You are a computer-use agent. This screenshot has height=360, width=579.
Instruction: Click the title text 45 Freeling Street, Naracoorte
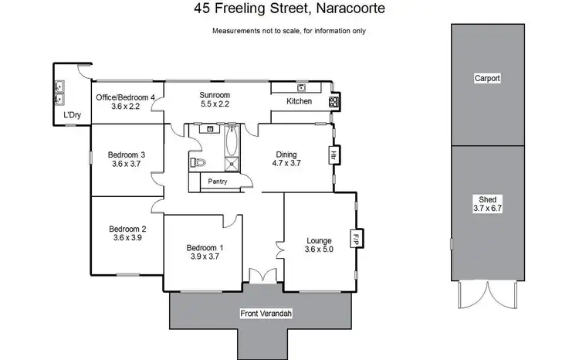pos(289,10)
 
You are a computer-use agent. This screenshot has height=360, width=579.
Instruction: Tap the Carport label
pos(487,78)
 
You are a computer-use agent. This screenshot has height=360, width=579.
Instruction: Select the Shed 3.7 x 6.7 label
pos(487,203)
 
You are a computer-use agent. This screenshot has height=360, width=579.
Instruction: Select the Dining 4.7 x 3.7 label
pos(286,158)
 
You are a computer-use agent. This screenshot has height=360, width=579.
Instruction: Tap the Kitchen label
pos(299,102)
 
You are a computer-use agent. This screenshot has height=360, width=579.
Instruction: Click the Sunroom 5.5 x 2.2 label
pos(215,99)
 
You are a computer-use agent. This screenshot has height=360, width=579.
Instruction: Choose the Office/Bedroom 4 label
pos(126,102)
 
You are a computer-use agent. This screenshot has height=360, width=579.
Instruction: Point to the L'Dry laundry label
pos(72,116)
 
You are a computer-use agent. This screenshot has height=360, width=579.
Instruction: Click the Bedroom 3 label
pos(127,159)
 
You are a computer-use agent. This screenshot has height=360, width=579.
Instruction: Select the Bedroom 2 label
pos(127,233)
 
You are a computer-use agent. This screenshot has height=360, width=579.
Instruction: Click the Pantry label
pos(217,182)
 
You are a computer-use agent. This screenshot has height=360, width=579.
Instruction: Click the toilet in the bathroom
pos(199,162)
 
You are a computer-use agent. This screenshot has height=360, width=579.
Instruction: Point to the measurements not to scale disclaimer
pos(289,31)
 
